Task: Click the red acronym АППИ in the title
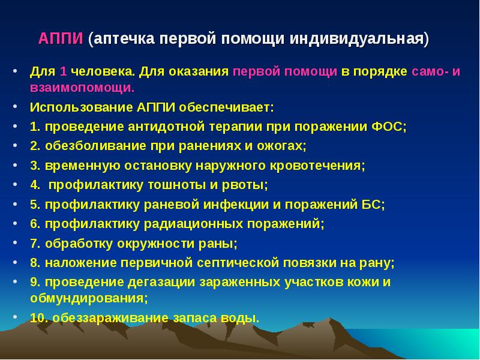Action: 62,39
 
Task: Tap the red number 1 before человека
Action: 63,71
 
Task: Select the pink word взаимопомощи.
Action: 81,88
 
